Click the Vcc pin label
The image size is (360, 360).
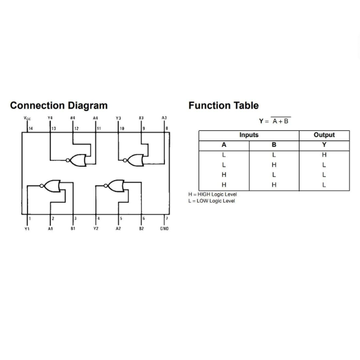28,118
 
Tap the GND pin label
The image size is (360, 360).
164,229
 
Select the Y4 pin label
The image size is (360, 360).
50,118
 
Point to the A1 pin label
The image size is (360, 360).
50,229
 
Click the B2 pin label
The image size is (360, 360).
142,229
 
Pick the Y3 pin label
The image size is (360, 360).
118,118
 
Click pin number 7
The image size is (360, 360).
166,218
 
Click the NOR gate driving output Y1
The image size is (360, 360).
52,185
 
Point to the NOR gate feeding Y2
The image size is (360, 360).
115,185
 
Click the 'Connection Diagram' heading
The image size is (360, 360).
59,106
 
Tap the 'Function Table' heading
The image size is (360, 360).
223,106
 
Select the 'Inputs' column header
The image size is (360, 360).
248,135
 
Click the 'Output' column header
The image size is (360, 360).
324,135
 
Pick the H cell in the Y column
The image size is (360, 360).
324,155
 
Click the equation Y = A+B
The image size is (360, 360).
275,121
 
